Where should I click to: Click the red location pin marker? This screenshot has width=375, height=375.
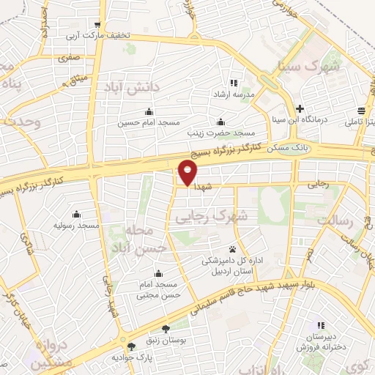click(x=188, y=172)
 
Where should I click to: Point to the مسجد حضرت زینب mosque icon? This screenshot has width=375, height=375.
click(x=220, y=122)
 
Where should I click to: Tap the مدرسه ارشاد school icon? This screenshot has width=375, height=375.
click(x=234, y=83)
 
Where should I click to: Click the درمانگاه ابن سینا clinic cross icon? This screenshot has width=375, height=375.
click(x=300, y=108)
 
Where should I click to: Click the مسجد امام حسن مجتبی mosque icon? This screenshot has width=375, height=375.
click(x=158, y=273)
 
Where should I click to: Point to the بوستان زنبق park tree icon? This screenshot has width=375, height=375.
click(x=166, y=328)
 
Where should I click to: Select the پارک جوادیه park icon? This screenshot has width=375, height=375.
click(x=130, y=346)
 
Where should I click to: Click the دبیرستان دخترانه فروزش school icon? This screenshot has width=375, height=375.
click(x=320, y=325)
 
